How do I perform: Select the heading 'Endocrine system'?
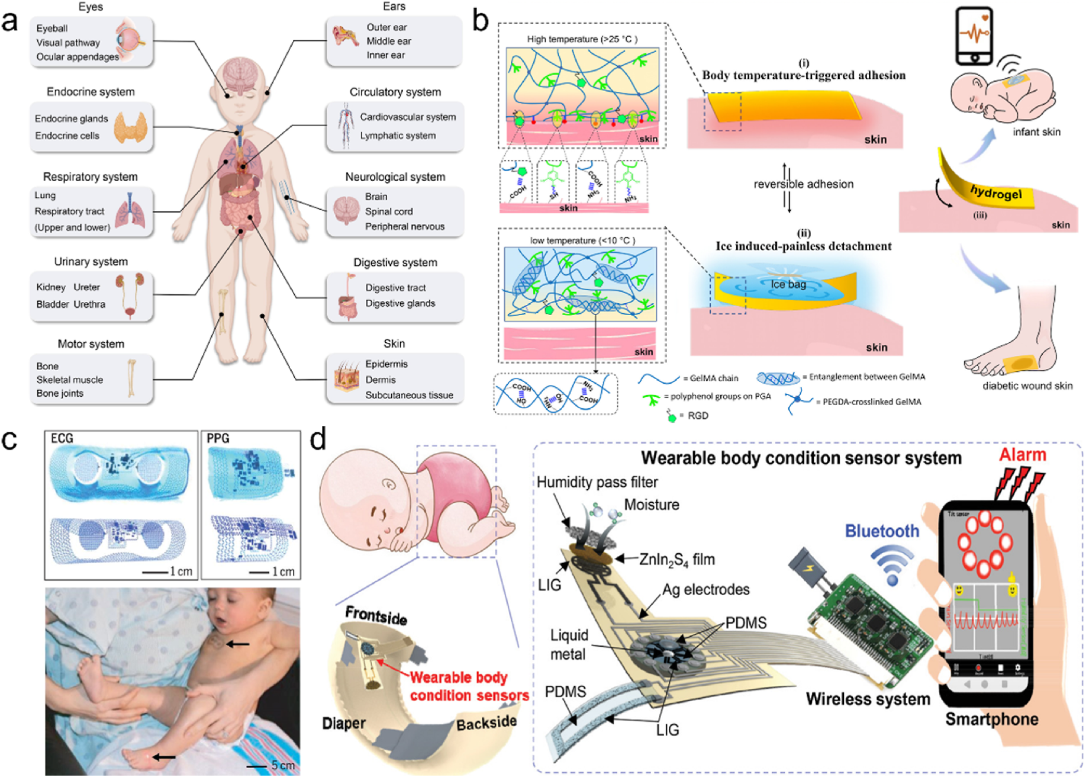tap(91, 92)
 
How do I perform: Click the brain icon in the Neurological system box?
tap(346, 210)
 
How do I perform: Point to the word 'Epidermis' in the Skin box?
tap(386, 364)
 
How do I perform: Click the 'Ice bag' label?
tap(788, 284)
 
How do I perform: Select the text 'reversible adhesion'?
tap(803, 184)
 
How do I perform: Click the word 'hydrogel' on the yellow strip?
tap(995, 193)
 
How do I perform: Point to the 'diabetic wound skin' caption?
tap(1027, 386)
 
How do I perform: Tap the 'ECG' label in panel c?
tap(62, 439)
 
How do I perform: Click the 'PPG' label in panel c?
tap(218, 439)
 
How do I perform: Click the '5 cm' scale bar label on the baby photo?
tap(283, 765)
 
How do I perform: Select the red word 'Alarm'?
tap(1023, 455)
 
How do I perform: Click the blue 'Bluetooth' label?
tap(882, 531)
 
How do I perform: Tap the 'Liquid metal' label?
tap(568, 644)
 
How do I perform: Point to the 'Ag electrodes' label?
tap(705, 589)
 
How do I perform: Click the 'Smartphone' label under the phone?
tap(991, 719)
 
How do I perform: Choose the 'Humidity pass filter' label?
tap(597, 482)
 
